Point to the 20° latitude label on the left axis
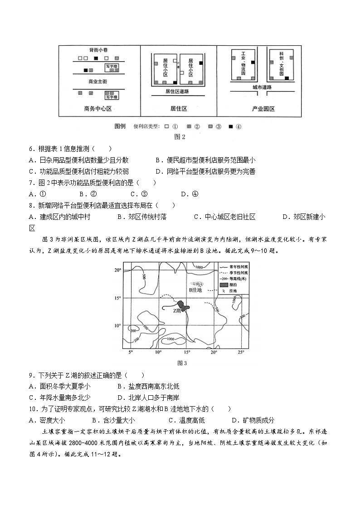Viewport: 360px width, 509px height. click(117, 270)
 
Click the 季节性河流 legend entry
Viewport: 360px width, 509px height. click(233, 273)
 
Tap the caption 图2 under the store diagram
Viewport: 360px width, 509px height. click(180, 136)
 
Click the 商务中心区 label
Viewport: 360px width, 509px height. click(97, 109)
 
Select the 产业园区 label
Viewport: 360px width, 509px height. click(263, 109)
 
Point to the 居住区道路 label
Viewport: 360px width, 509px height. click(177, 91)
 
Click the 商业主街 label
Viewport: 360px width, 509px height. click(97, 82)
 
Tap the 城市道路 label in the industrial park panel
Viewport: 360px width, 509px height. click(262, 87)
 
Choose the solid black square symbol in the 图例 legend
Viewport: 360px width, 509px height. click(231, 126)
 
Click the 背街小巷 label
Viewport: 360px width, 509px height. click(98, 49)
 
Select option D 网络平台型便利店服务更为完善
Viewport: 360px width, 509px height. click(205, 171)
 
